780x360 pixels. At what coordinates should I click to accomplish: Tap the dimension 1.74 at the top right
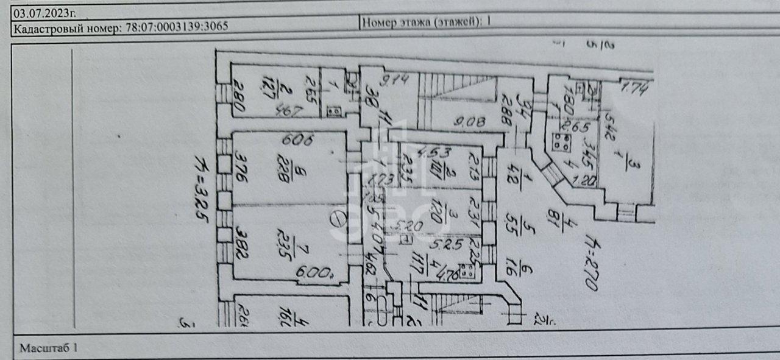(x=636, y=89)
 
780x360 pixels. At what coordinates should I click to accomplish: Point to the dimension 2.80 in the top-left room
(x=237, y=97)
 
